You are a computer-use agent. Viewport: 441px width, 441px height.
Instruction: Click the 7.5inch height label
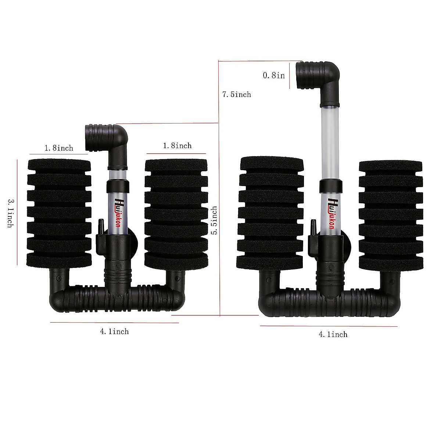tap(237, 94)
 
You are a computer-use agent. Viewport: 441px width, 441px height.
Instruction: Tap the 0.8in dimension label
tap(274, 75)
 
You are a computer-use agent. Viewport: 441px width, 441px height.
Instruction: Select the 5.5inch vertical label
tap(214, 220)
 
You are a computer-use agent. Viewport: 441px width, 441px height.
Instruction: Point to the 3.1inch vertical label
tap(10, 213)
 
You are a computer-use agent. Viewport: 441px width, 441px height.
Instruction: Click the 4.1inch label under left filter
tap(114, 331)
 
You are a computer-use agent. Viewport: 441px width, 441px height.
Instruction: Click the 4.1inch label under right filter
tap(333, 334)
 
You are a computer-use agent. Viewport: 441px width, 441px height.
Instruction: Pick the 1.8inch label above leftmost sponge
tap(59, 148)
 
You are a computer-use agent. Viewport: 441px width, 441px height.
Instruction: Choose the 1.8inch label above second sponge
tap(177, 146)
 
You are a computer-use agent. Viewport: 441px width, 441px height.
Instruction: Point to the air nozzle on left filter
tap(100, 224)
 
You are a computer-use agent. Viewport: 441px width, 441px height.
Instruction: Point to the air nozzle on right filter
tap(313, 225)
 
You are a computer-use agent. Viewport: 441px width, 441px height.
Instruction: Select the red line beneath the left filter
tap(114, 323)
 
